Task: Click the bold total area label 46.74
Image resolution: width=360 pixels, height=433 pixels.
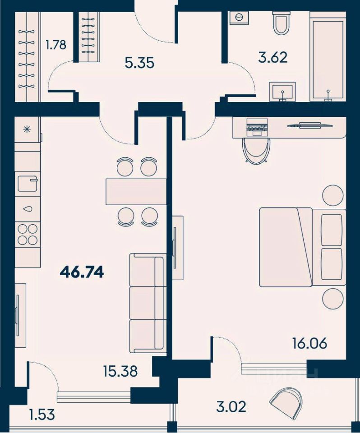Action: [82, 273]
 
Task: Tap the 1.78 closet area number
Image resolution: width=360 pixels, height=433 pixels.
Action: [56, 45]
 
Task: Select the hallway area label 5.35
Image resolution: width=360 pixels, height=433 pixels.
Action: [139, 63]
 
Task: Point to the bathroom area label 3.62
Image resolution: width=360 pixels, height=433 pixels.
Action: [272, 57]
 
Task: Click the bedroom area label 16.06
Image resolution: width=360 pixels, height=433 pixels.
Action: [310, 343]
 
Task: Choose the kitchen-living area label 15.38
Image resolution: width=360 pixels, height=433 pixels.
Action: [120, 371]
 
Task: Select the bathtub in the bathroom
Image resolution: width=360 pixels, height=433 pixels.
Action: [328, 56]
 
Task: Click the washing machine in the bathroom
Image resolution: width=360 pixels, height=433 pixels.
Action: [239, 18]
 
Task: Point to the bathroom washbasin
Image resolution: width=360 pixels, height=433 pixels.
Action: [282, 92]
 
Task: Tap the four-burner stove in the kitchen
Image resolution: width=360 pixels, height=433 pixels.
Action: [28, 234]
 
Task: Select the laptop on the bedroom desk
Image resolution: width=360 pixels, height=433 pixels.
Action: [257, 127]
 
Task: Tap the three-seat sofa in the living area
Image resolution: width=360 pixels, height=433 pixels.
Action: [148, 303]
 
